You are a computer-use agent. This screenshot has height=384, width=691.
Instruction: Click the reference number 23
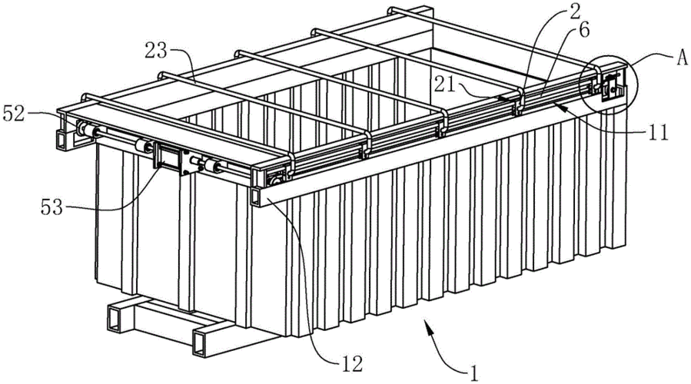(x=156, y=52)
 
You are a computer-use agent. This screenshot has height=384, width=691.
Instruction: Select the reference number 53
(x=52, y=207)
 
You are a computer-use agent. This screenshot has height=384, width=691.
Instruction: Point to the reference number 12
(x=351, y=364)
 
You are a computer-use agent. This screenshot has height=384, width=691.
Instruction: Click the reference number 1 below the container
(x=473, y=372)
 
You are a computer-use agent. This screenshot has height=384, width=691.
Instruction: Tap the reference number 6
(x=583, y=31)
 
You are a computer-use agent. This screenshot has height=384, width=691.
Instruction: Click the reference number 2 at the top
(x=575, y=12)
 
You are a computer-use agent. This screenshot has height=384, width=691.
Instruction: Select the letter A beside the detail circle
(x=682, y=58)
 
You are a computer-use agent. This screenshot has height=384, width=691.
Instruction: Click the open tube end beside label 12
(x=256, y=197)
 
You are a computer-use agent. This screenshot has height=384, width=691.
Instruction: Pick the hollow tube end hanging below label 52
(x=62, y=140)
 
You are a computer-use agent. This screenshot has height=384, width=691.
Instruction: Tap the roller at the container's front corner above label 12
(x=276, y=180)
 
